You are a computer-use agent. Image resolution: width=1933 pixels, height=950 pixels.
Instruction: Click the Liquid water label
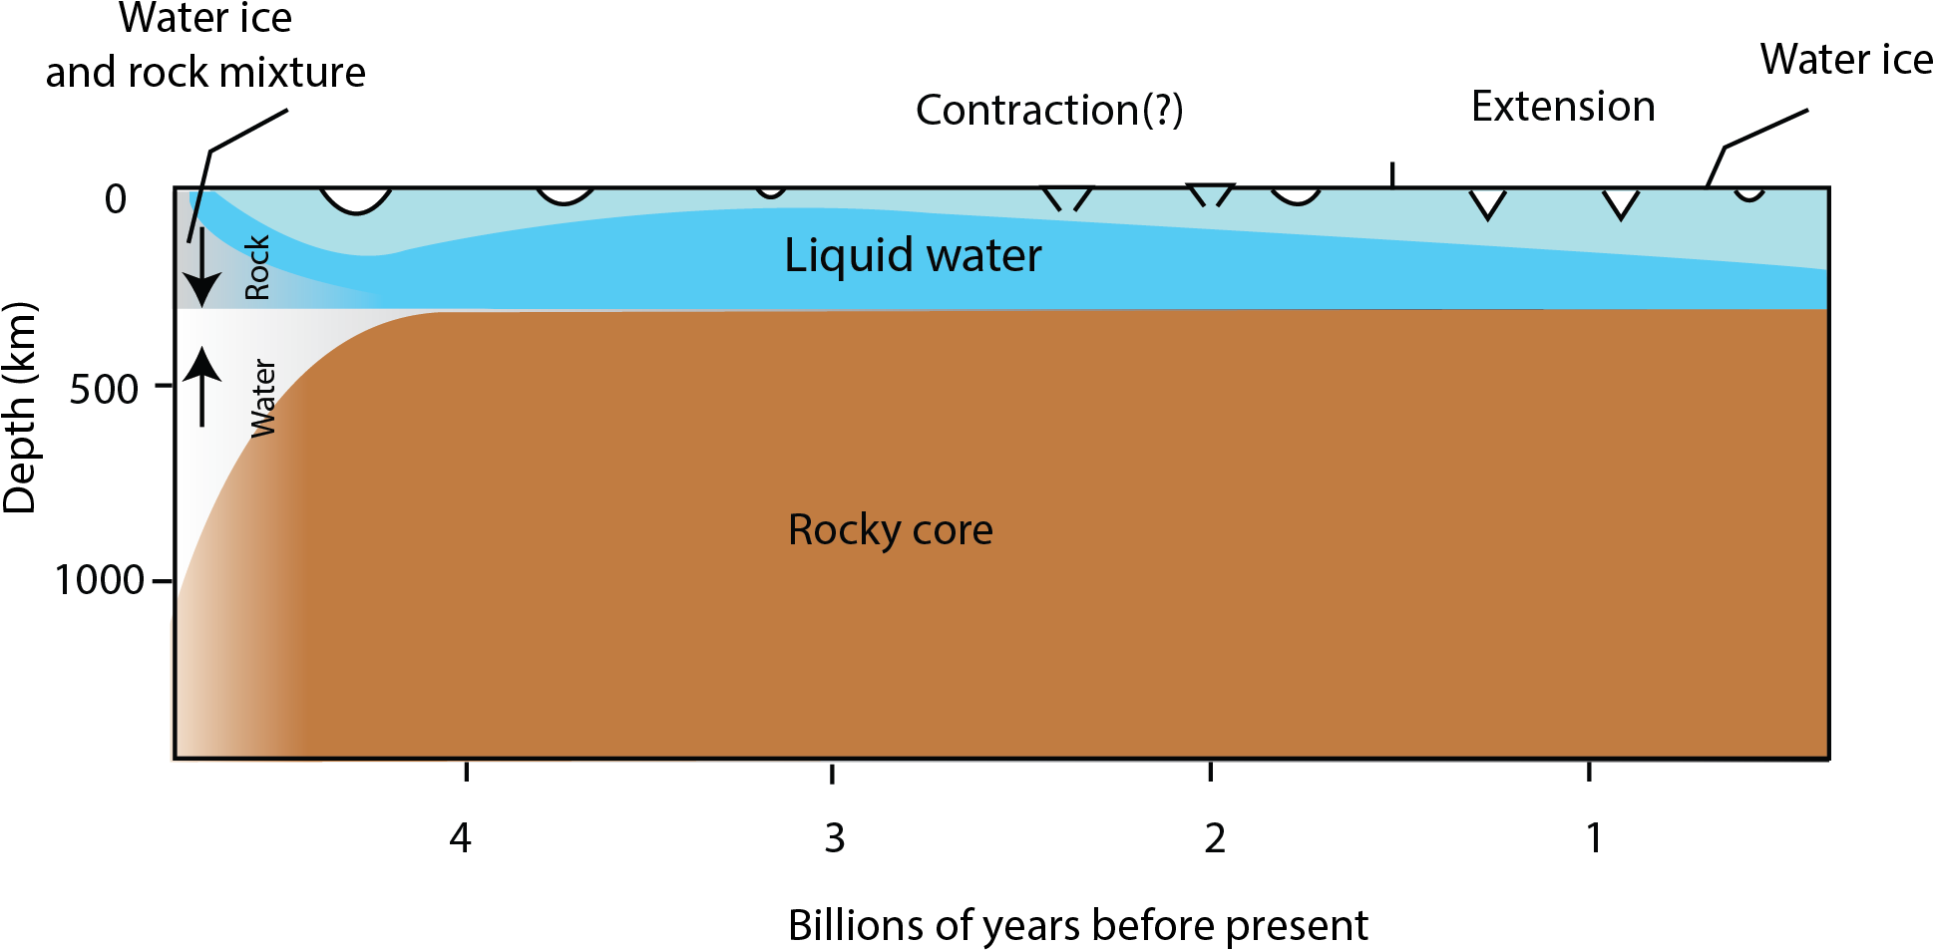(x=913, y=255)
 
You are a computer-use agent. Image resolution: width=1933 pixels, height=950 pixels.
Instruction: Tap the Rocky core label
(x=890, y=529)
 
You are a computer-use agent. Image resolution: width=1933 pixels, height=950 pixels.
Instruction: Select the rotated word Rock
(x=257, y=267)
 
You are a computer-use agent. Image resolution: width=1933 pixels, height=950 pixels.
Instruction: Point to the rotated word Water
(x=263, y=398)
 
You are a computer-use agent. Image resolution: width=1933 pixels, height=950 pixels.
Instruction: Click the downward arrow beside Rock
(x=202, y=267)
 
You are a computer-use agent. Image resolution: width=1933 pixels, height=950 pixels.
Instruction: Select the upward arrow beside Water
(x=202, y=386)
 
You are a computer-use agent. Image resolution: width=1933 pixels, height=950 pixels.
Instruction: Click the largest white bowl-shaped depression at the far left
(x=356, y=198)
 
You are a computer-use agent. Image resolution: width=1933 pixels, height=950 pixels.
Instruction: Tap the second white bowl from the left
(x=566, y=194)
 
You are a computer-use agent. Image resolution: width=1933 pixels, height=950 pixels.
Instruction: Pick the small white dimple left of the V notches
(x=771, y=191)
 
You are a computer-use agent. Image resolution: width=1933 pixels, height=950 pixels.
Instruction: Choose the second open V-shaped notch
(x=1211, y=195)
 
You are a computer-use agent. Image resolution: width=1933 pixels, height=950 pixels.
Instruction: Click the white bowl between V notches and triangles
(x=1296, y=194)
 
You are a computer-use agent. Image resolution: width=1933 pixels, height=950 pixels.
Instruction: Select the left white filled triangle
(x=1487, y=202)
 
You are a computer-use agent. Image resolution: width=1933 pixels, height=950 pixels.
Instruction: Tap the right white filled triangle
(x=1621, y=202)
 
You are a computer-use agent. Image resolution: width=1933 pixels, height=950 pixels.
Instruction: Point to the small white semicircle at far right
(x=1749, y=193)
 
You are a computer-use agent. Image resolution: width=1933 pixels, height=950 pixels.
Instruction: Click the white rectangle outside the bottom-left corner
(x=153, y=688)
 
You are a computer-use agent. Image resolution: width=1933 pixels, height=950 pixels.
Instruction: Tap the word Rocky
(x=843, y=529)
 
